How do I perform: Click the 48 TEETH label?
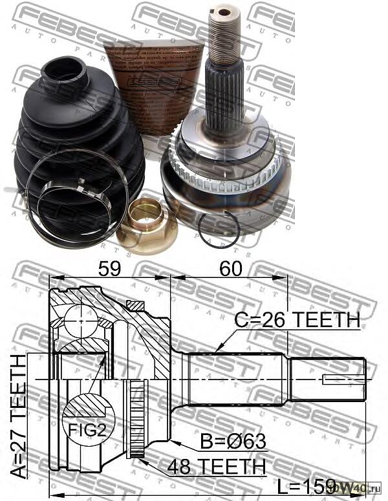click(x=216, y=466)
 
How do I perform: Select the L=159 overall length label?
click(x=304, y=485)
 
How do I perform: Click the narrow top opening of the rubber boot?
click(x=65, y=67)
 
